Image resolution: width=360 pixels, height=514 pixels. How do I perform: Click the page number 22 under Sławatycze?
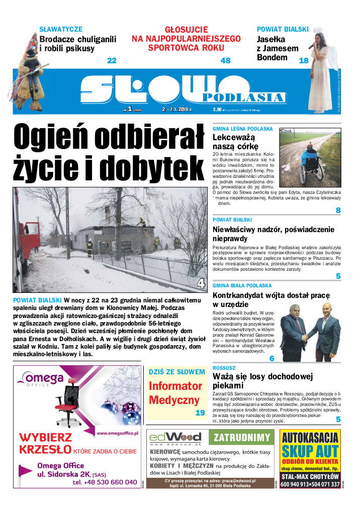[112, 61]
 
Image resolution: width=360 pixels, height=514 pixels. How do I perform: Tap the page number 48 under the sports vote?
[225, 61]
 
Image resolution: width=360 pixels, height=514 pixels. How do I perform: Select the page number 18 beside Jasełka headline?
[303, 61]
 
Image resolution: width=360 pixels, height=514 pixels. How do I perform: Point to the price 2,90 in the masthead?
[217, 109]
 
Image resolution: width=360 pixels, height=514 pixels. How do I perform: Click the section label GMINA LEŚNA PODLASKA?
[242, 129]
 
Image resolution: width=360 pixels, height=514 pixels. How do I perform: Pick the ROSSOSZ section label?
[224, 368]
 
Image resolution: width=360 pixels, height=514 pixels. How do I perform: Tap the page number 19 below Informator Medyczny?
[200, 413]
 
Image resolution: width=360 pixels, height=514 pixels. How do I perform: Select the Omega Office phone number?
[105, 482]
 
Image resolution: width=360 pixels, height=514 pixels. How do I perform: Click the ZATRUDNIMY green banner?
[242, 438]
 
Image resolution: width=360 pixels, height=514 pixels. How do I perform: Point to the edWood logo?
[175, 437]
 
